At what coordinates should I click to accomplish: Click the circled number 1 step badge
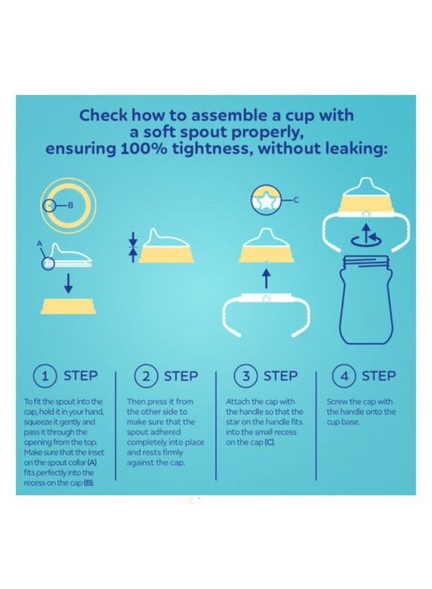tap(45, 376)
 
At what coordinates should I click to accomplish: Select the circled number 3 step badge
tap(246, 376)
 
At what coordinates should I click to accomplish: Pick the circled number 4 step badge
tap(344, 376)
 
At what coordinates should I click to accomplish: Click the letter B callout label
tap(71, 206)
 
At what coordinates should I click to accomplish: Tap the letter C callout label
tap(296, 200)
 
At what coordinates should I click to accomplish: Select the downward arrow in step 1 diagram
tap(68, 283)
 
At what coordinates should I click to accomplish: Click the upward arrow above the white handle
tap(266, 278)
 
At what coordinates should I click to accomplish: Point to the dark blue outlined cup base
tap(367, 299)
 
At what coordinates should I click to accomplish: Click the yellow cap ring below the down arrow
tap(68, 306)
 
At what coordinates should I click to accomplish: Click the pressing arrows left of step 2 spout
tap(133, 247)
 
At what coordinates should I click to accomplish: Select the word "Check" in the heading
tap(103, 115)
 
